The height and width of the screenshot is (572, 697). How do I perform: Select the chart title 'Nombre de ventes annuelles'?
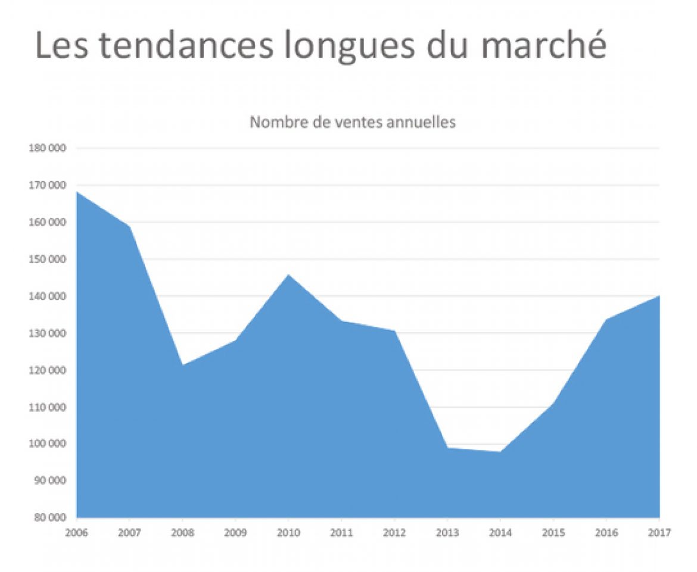pyautogui.click(x=352, y=123)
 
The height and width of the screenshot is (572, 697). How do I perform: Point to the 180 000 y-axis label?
pyautogui.click(x=47, y=148)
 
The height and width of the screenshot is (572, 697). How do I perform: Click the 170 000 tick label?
pyautogui.click(x=47, y=185)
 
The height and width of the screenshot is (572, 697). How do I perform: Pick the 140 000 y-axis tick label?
pyautogui.click(x=47, y=296)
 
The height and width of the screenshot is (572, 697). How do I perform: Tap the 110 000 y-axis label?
pyautogui.click(x=47, y=407)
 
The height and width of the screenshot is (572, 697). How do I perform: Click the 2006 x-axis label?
pyautogui.click(x=77, y=532)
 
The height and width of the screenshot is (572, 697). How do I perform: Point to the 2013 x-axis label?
pyautogui.click(x=448, y=532)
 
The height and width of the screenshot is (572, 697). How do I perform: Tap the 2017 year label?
pyautogui.click(x=659, y=532)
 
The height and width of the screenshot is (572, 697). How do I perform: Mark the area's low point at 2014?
pyautogui.click(x=500, y=452)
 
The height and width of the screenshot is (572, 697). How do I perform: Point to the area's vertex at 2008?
pyautogui.click(x=183, y=365)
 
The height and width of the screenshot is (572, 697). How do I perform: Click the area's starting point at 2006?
pyautogui.click(x=77, y=192)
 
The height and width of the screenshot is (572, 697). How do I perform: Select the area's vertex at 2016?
pyautogui.click(x=606, y=320)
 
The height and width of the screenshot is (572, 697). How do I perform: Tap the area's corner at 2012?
pyautogui.click(x=394, y=331)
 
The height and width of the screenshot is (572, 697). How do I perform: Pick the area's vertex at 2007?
pyautogui.click(x=130, y=226)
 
